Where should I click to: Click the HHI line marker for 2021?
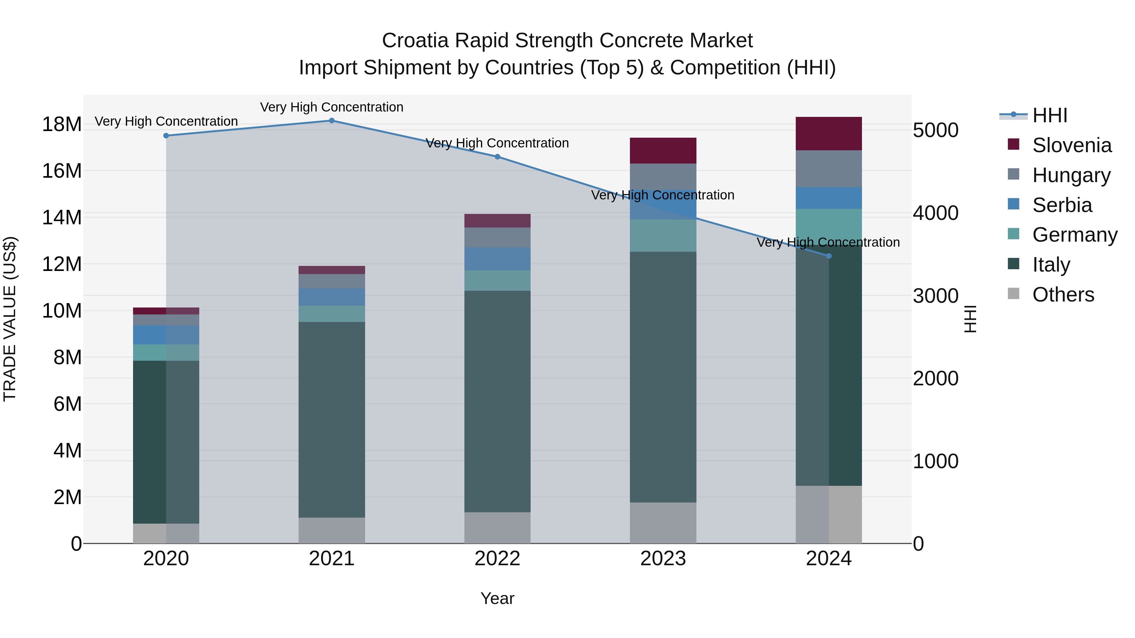(332, 121)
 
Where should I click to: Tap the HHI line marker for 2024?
(829, 256)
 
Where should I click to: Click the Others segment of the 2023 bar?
(663, 523)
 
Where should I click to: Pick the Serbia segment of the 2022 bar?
(498, 259)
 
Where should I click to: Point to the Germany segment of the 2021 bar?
(332, 313)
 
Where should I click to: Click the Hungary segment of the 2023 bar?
(663, 176)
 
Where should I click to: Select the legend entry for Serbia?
(1062, 205)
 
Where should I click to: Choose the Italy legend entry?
(1051, 265)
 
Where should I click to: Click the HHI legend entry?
(1050, 115)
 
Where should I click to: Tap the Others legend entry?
(1063, 295)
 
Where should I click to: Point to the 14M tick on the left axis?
(62, 217)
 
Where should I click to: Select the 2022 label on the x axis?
(498, 559)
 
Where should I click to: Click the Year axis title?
(498, 598)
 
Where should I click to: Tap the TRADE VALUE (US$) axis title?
(10, 319)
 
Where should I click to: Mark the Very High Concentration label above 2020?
(166, 121)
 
